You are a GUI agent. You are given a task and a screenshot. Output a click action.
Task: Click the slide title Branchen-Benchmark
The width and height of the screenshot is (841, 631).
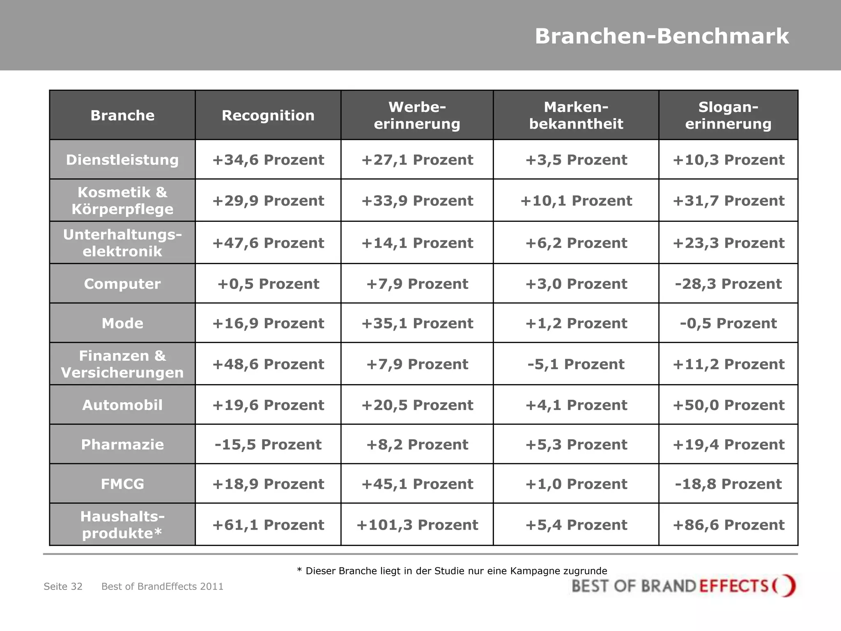[x=662, y=36]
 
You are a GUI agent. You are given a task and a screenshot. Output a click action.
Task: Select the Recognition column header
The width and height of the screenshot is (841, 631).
[x=268, y=115]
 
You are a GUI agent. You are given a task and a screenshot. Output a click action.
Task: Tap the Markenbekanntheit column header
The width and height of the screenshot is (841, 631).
[x=576, y=115]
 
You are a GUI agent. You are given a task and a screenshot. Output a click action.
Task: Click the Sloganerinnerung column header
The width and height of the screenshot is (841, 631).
[x=728, y=115]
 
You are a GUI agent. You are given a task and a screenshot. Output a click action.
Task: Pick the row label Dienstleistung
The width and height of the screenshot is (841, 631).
[x=122, y=160]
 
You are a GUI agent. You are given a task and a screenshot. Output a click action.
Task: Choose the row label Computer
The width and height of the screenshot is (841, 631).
[x=122, y=284]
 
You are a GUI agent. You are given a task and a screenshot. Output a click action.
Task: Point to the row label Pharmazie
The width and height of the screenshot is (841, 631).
[x=122, y=444]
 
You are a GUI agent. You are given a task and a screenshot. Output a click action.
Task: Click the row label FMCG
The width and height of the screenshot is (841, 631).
[x=122, y=484]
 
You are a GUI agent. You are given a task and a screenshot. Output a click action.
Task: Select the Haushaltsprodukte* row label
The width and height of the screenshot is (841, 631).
[x=122, y=525]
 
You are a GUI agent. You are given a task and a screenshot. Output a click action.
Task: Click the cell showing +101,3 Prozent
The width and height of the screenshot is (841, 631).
[x=417, y=525]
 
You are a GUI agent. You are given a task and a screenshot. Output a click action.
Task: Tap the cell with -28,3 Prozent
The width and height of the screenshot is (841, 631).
[x=728, y=284]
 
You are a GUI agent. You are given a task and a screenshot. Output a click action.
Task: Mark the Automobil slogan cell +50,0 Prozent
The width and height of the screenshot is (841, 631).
[x=728, y=405]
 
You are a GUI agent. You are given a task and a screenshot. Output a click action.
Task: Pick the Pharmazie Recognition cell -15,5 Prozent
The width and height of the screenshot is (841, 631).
[x=268, y=444]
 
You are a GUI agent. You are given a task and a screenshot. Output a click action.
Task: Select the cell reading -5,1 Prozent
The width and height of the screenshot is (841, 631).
[x=576, y=364]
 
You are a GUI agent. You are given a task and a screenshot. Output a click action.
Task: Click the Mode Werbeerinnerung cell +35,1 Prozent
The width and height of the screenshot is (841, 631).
[x=417, y=323]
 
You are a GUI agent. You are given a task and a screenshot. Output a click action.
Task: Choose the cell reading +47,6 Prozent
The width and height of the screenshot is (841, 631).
[x=268, y=243]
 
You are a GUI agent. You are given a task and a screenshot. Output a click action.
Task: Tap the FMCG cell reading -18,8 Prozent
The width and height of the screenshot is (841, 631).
[x=728, y=484]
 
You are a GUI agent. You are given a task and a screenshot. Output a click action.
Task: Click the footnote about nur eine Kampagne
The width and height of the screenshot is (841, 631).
[x=452, y=571]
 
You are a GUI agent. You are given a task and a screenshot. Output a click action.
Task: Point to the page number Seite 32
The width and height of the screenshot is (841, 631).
[x=63, y=587]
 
